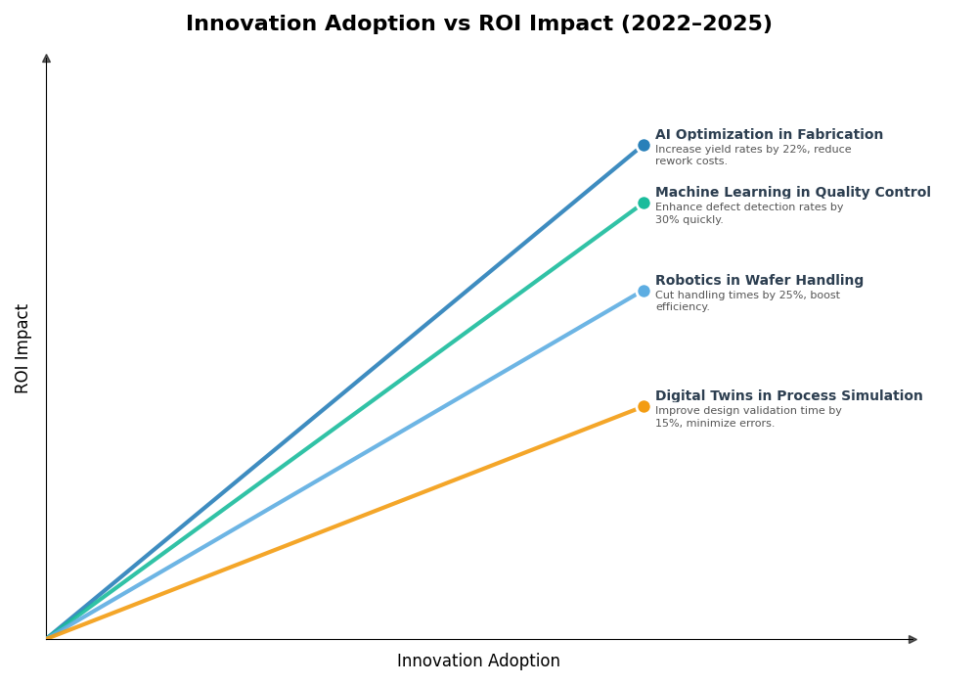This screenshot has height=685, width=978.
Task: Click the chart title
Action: tap(478, 24)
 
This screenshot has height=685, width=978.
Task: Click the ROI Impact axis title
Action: tap(22, 348)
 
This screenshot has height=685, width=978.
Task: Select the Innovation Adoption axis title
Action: tap(478, 662)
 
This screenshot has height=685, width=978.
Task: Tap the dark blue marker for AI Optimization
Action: tap(644, 146)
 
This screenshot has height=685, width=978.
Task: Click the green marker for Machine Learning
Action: tap(644, 204)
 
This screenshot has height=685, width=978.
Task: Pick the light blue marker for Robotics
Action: tap(644, 292)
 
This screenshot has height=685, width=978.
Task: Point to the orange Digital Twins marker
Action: tap(644, 407)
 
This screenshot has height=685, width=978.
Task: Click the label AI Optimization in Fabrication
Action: tap(769, 135)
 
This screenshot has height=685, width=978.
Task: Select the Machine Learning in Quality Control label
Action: tap(792, 193)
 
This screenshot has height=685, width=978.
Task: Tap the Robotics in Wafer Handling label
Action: tap(759, 281)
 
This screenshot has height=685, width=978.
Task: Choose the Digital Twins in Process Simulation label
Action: tap(788, 396)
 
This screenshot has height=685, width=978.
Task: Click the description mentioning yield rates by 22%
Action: tap(753, 156)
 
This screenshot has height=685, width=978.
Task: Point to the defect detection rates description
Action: tap(748, 213)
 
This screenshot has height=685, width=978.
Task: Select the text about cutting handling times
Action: tap(747, 301)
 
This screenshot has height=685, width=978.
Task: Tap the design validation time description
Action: tap(748, 417)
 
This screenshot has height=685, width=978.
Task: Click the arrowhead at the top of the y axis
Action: tap(46, 59)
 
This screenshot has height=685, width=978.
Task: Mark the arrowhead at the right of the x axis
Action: tap(912, 639)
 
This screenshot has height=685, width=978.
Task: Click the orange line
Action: tap(342, 524)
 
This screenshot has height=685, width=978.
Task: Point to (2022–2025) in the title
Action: tap(696, 24)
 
